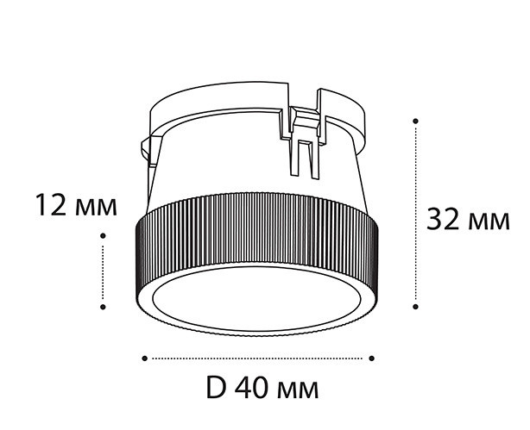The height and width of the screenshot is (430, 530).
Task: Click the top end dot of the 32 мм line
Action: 417,120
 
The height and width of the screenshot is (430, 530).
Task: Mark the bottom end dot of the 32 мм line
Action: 417,304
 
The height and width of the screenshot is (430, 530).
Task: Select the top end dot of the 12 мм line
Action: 104,234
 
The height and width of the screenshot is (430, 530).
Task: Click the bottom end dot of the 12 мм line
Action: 104,305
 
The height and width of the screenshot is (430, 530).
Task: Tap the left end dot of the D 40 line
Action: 143,357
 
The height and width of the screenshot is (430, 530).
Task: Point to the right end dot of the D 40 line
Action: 372,357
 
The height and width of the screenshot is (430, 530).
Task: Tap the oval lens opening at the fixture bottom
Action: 256,302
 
